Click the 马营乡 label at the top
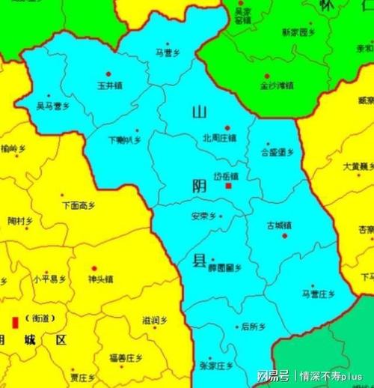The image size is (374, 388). click(x=168, y=52)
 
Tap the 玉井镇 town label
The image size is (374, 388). click(x=110, y=85)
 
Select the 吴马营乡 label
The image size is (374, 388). click(x=53, y=107)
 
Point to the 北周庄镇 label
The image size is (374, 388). click(x=220, y=138)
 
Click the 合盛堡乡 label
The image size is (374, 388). click(x=277, y=152)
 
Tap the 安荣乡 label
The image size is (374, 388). click(x=203, y=216)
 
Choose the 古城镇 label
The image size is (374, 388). click(x=279, y=225)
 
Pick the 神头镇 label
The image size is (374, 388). click(x=99, y=279)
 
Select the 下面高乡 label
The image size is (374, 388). click(x=79, y=204)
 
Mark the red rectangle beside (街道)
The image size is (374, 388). click(x=13, y=324)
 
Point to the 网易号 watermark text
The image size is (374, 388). click(x=272, y=375)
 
